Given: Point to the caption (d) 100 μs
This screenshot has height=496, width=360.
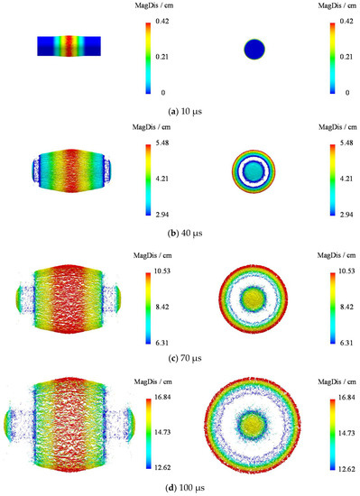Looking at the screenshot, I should (x=180, y=490).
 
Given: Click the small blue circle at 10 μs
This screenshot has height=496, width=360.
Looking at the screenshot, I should (x=255, y=50).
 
